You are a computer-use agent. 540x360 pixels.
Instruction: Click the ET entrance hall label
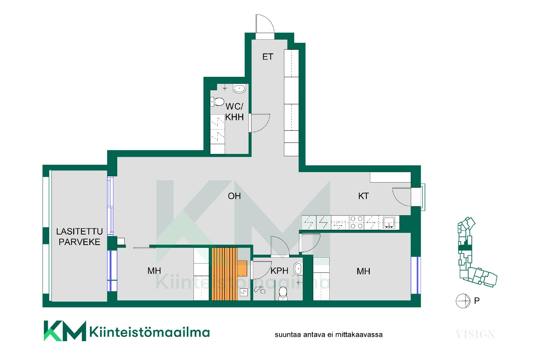click(267, 57)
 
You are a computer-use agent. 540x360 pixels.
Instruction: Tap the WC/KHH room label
click(234, 112)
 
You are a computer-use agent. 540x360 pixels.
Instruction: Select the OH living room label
click(234, 196)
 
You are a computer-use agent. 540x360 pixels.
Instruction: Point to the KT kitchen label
click(363, 196)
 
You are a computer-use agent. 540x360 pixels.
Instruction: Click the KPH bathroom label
click(279, 271)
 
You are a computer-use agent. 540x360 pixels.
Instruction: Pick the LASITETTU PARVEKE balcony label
click(80, 237)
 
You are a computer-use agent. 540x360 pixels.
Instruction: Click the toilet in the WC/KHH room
click(217, 102)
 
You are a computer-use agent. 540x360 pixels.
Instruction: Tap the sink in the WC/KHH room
click(239, 89)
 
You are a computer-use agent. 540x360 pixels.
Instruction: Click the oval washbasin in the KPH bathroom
click(298, 269)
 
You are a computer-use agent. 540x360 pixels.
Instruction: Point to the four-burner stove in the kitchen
click(356, 222)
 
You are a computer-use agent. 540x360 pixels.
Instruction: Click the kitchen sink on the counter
click(389, 222)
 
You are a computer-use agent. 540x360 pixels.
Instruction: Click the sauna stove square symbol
click(244, 292)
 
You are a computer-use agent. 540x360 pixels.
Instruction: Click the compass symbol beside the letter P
click(463, 301)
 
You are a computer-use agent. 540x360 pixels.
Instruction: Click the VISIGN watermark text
click(475, 334)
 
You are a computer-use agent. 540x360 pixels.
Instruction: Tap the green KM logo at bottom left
click(65, 331)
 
